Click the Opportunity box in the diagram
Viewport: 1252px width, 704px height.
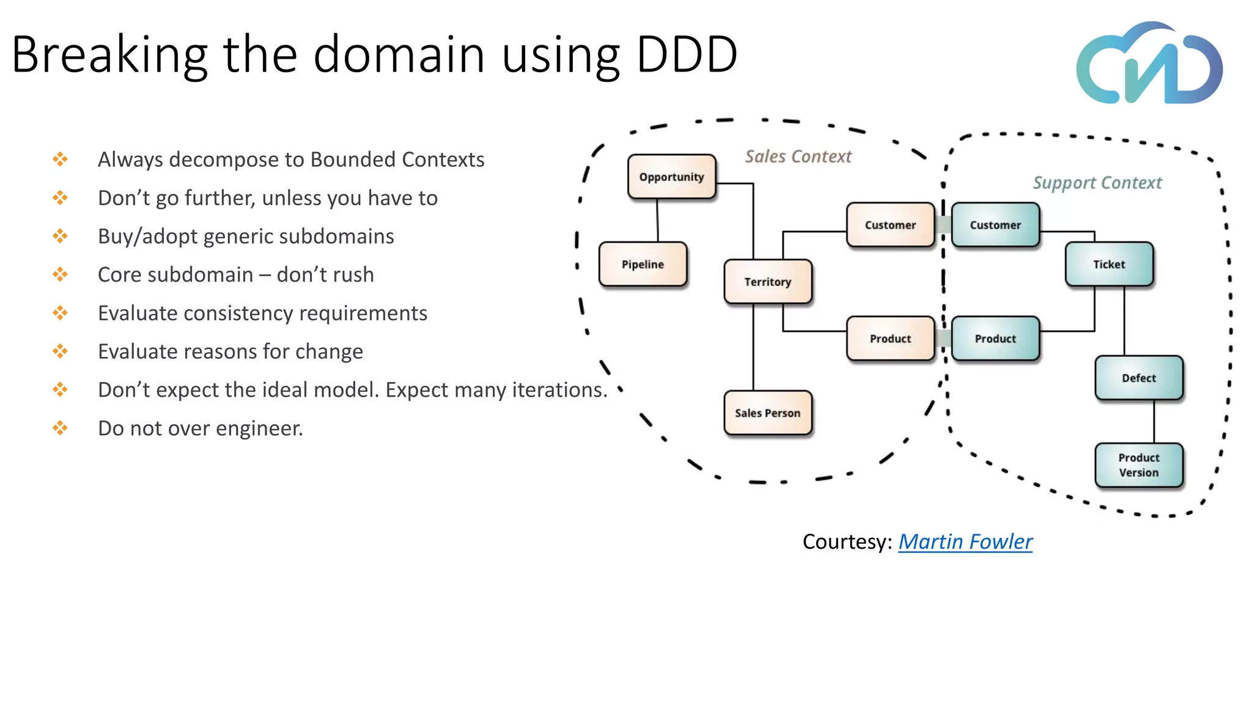pyautogui.click(x=671, y=177)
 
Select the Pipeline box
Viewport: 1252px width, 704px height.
pyautogui.click(x=643, y=264)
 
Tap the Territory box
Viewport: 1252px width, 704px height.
pyautogui.click(x=767, y=282)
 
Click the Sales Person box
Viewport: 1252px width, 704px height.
pyautogui.click(x=767, y=413)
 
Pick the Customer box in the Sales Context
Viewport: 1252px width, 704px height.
pyautogui.click(x=890, y=225)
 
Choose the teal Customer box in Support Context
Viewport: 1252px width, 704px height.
pyautogui.click(x=995, y=225)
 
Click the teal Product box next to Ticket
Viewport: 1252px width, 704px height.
pyautogui.click(x=995, y=339)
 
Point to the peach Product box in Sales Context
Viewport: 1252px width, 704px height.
pyautogui.click(x=890, y=339)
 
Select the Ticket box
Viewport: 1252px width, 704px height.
pyautogui.click(x=1109, y=264)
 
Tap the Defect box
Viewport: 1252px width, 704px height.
pyautogui.click(x=1139, y=378)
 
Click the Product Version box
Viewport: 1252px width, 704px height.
pyautogui.click(x=1139, y=465)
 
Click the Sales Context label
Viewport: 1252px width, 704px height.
pyautogui.click(x=798, y=157)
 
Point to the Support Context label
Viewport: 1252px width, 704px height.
pyautogui.click(x=1097, y=183)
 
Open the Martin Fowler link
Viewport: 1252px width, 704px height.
pyautogui.click(x=965, y=541)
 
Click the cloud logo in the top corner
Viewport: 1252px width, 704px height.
pyautogui.click(x=1149, y=64)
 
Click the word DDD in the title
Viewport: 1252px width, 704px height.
pyautogui.click(x=687, y=54)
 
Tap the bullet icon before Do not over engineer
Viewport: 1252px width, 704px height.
pyautogui.click(x=60, y=428)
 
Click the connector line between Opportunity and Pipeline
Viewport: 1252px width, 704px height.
pyautogui.click(x=657, y=221)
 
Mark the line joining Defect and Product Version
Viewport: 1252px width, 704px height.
pyautogui.click(x=1154, y=422)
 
